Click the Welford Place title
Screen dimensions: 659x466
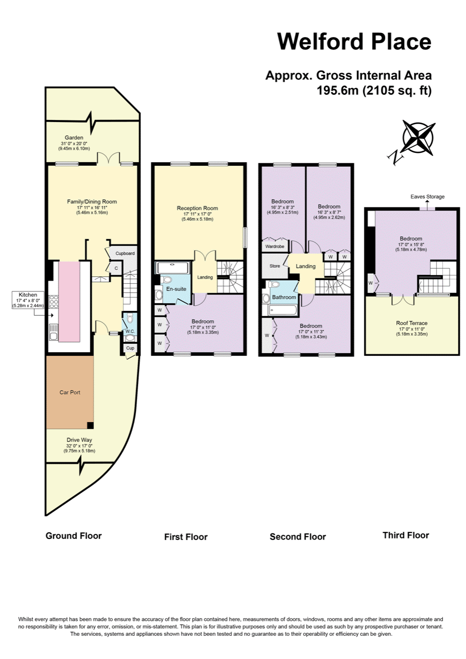click(354, 41)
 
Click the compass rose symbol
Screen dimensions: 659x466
click(418, 138)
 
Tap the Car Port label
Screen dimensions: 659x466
click(70, 392)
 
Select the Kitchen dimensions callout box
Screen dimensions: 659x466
click(28, 300)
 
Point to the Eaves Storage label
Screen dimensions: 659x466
click(427, 197)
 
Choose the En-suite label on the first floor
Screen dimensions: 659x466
click(176, 289)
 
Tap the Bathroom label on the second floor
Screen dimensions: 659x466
click(284, 298)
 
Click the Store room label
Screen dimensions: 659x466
click(274, 266)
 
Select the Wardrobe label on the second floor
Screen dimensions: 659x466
click(274, 247)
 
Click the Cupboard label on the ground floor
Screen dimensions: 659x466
click(125, 254)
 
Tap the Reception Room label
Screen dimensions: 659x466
click(197, 209)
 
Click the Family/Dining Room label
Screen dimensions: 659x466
click(92, 201)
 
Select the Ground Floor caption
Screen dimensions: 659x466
click(74, 535)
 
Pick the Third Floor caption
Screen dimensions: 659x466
click(406, 535)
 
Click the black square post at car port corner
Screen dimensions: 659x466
click(90, 425)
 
